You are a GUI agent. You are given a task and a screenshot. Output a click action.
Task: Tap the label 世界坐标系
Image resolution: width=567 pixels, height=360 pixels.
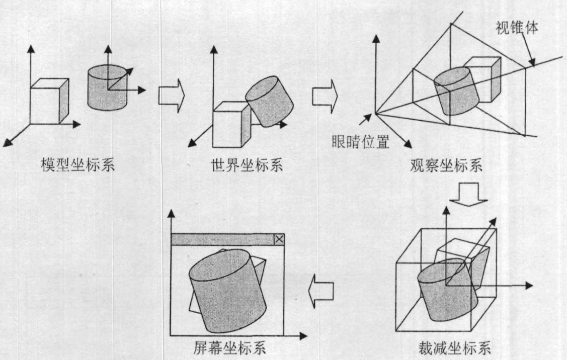pyautogui.click(x=246, y=165)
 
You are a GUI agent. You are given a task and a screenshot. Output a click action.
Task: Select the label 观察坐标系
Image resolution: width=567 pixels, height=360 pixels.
pyautogui.click(x=446, y=165)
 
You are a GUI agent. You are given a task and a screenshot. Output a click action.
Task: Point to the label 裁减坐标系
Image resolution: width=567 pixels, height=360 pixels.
pyautogui.click(x=454, y=348)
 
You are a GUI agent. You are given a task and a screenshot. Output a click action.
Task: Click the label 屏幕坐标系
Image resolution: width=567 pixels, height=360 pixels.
pyautogui.click(x=229, y=348)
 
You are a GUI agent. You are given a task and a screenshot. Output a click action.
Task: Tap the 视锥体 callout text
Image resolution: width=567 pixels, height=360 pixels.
pyautogui.click(x=518, y=29)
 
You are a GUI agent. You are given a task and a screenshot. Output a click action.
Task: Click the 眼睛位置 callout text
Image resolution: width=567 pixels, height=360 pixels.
pyautogui.click(x=360, y=143)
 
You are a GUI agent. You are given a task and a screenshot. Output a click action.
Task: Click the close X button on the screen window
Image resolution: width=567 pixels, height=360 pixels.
pyautogui.click(x=279, y=239)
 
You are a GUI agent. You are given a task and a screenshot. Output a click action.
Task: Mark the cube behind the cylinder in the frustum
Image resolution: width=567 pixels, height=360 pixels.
pyautogui.click(x=485, y=78)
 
